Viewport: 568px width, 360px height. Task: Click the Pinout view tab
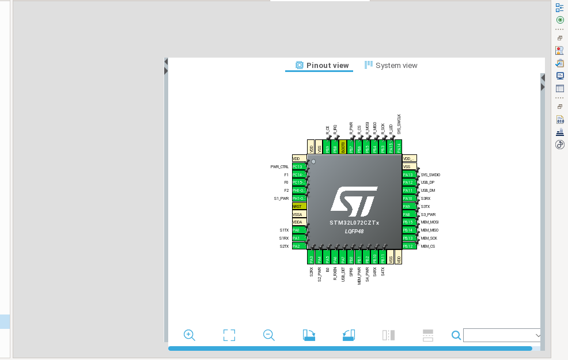[323, 66]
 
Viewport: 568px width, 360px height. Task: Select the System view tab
[391, 66]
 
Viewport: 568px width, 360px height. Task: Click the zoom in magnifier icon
[190, 335]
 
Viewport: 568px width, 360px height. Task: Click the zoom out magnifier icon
[268, 335]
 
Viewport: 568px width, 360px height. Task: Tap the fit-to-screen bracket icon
[229, 335]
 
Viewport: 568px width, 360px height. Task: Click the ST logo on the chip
[354, 200]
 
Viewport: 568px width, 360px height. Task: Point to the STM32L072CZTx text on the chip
[354, 223]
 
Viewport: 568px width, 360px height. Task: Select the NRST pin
[299, 206]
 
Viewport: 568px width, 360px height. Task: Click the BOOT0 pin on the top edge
[343, 147]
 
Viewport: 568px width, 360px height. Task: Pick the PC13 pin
[299, 166]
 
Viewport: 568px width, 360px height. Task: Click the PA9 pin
[409, 206]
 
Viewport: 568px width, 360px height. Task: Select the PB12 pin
[409, 246]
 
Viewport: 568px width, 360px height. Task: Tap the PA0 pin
[299, 230]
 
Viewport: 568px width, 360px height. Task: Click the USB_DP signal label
[427, 183]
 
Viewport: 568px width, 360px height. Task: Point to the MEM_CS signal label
[429, 246]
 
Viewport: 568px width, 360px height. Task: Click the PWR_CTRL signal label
[279, 166]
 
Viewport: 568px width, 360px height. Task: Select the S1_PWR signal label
[281, 198]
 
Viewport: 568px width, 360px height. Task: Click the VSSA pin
[299, 214]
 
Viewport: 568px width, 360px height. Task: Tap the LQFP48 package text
[354, 231]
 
